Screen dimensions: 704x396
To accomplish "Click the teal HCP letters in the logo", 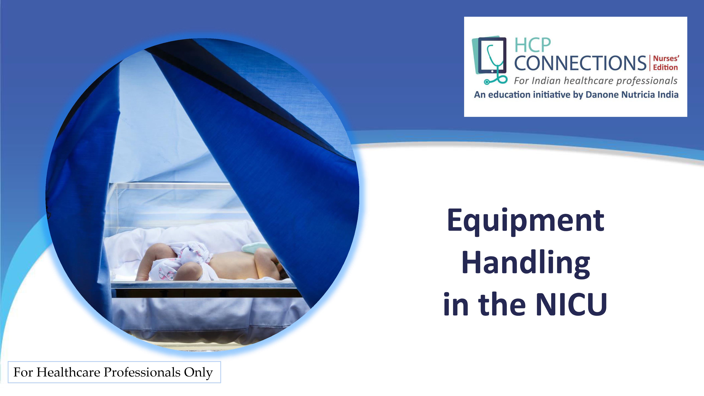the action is pyautogui.click(x=533, y=45).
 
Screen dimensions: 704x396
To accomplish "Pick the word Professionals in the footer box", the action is pyautogui.click(x=142, y=372).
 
